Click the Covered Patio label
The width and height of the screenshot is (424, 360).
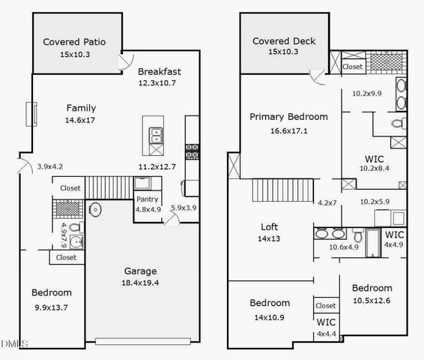tap(73, 42)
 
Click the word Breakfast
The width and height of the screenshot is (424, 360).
tap(159, 72)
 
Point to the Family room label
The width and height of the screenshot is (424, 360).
tap(81, 107)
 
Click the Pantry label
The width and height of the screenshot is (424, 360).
tap(147, 199)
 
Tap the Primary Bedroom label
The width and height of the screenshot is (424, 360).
tap(288, 117)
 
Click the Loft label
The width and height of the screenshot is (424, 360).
tap(270, 226)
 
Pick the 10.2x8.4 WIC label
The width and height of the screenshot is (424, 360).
tap(375, 159)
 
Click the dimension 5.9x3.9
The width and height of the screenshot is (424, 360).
tap(184, 208)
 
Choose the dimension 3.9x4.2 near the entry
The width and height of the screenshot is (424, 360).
tap(50, 166)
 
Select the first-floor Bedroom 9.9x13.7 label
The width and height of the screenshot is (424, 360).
tap(51, 292)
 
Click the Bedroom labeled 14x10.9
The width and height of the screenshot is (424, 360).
tap(270, 303)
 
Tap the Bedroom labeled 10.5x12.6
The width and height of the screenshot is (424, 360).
tap(372, 288)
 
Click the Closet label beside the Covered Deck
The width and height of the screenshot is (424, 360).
tap(353, 67)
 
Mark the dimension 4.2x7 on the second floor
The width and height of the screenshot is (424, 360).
tap(327, 202)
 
